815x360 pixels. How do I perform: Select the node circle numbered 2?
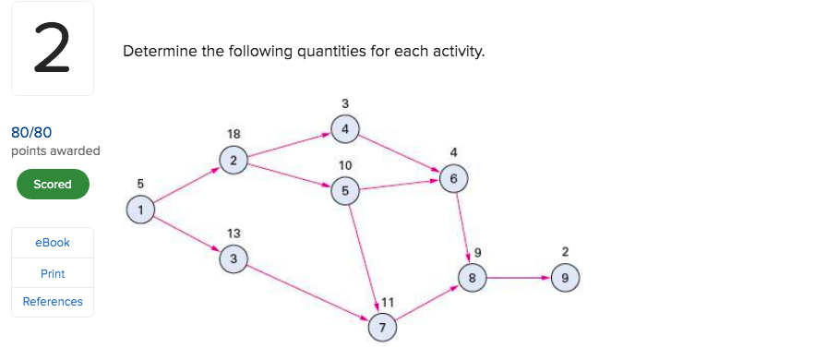(x=234, y=161)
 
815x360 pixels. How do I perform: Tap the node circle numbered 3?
(x=234, y=260)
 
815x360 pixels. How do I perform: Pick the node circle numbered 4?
(x=344, y=129)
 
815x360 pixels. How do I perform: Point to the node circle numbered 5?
(x=345, y=191)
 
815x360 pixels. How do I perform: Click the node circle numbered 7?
(x=382, y=327)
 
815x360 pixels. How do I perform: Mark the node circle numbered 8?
(x=472, y=277)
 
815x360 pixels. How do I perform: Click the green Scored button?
(x=53, y=184)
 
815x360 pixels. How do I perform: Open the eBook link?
(x=53, y=243)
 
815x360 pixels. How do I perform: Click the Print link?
(x=53, y=274)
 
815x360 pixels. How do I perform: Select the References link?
(x=53, y=302)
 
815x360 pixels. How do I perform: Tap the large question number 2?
(x=52, y=50)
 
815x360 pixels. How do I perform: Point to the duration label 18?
(x=234, y=135)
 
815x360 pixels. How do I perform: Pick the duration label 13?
(x=234, y=234)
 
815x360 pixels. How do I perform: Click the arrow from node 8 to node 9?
(x=518, y=277)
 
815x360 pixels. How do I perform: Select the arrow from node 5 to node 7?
(x=364, y=258)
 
